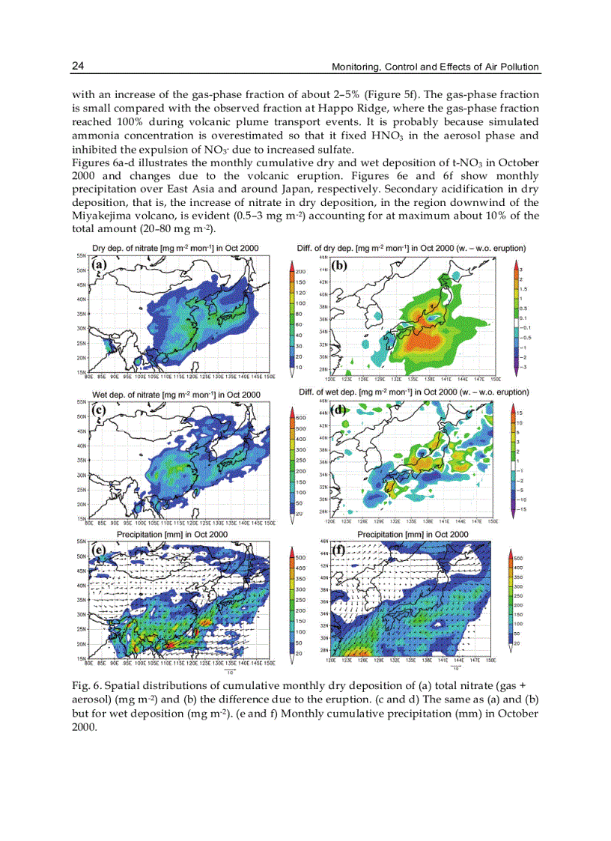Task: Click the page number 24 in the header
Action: (x=78, y=67)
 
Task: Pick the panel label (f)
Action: (x=339, y=549)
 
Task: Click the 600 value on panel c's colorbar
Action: (x=301, y=418)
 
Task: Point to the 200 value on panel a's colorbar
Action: (x=300, y=271)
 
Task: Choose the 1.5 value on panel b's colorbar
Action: (x=524, y=288)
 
